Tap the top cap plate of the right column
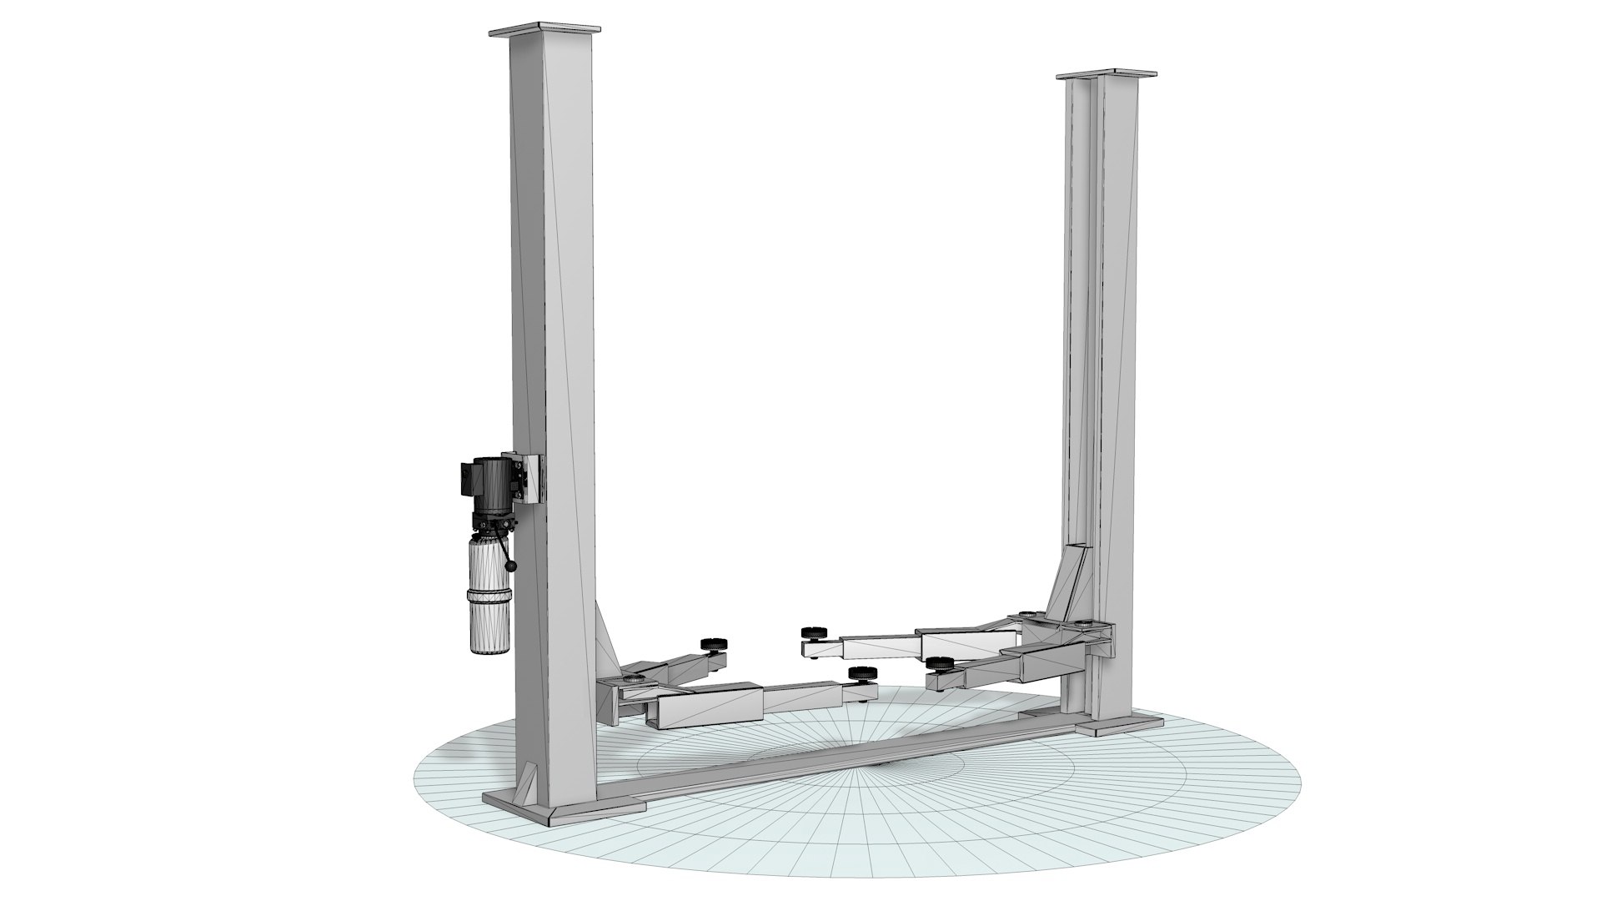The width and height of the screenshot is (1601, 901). (1108, 75)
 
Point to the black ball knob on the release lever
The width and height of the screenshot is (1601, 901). (511, 567)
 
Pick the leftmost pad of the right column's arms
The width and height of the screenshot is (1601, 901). (809, 632)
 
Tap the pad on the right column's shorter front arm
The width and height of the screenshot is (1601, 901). (940, 663)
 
